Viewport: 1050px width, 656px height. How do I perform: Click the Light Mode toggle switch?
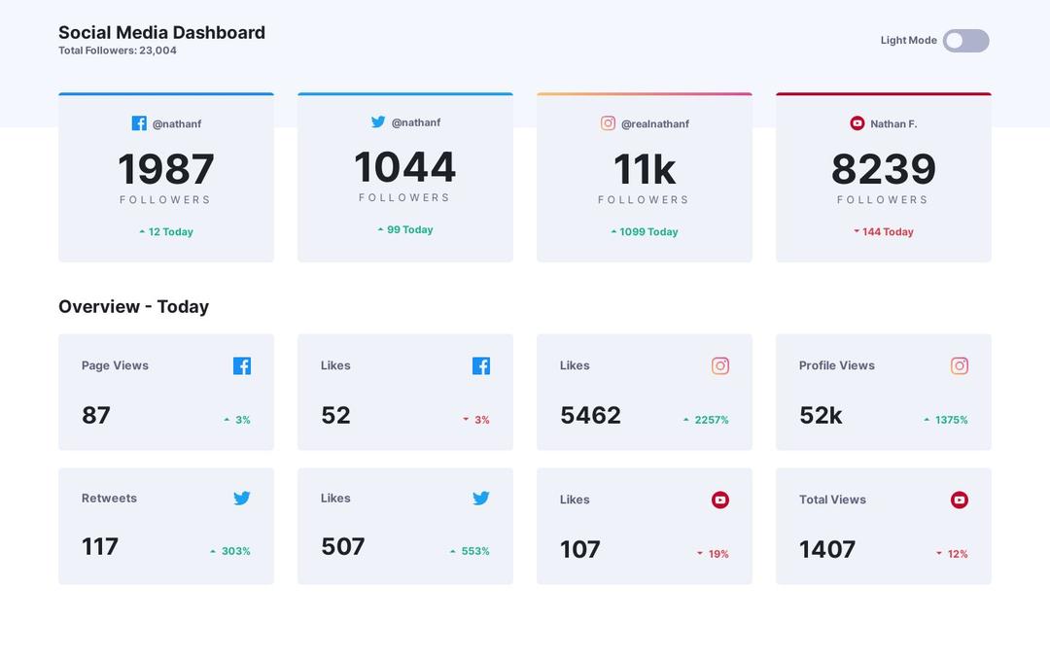coord(965,41)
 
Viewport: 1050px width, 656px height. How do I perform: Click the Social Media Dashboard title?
coord(161,32)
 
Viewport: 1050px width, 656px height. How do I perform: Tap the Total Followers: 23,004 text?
coord(118,51)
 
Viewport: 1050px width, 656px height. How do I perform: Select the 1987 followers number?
coord(166,169)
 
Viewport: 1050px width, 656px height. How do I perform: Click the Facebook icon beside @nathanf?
coord(139,123)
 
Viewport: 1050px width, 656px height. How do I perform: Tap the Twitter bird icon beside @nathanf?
coord(378,122)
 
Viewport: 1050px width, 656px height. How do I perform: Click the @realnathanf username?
coord(654,123)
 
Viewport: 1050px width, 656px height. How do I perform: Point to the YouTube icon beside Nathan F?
coord(857,123)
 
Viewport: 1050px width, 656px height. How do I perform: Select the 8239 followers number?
coord(883,169)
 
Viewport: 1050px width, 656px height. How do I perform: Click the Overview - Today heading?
coord(133,306)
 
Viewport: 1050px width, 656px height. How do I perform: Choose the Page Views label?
coord(115,365)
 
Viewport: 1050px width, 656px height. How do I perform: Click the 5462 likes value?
coord(590,415)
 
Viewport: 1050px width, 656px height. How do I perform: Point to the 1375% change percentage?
coord(951,420)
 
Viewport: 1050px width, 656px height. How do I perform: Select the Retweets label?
coord(109,498)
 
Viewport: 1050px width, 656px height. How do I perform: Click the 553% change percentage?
coord(474,551)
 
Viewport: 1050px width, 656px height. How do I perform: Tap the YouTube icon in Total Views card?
coord(959,500)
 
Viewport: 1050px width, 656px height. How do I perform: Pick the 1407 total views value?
coord(826,549)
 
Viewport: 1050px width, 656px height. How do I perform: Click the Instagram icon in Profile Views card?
coord(959,365)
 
